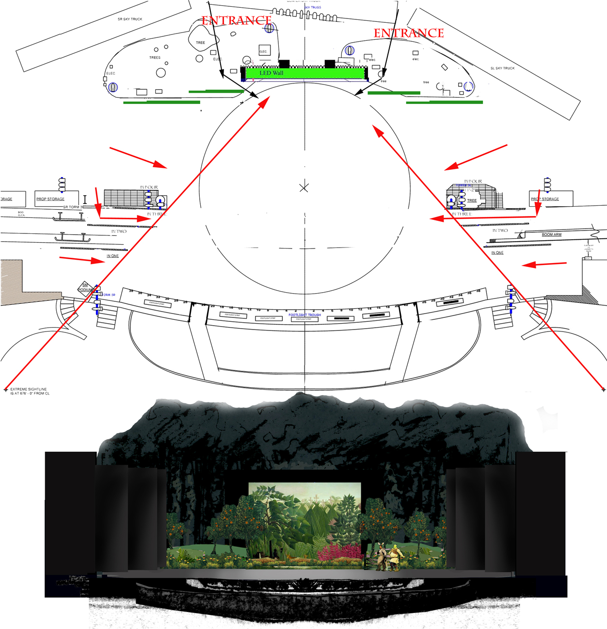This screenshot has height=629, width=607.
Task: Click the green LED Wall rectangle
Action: [304, 73]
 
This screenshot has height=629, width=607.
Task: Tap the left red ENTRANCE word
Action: [236, 20]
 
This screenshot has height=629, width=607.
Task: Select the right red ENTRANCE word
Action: [409, 33]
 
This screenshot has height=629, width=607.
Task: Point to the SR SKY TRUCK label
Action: [130, 19]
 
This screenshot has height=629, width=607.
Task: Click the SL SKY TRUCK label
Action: [502, 68]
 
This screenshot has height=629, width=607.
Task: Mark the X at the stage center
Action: [304, 188]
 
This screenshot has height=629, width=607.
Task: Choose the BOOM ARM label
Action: [551, 234]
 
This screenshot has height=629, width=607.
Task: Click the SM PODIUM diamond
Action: [85, 288]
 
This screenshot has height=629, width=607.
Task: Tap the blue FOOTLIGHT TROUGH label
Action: [304, 315]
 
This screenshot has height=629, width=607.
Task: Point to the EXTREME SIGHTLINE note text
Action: [29, 391]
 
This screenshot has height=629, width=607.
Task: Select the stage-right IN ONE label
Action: [112, 256]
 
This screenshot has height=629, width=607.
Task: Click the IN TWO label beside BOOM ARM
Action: [500, 231]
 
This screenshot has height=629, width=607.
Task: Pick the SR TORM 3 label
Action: [72, 207]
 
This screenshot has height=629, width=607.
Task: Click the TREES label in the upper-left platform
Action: [155, 58]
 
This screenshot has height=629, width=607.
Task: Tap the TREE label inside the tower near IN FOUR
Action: [472, 200]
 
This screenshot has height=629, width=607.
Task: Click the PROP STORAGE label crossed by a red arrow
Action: [545, 199]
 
